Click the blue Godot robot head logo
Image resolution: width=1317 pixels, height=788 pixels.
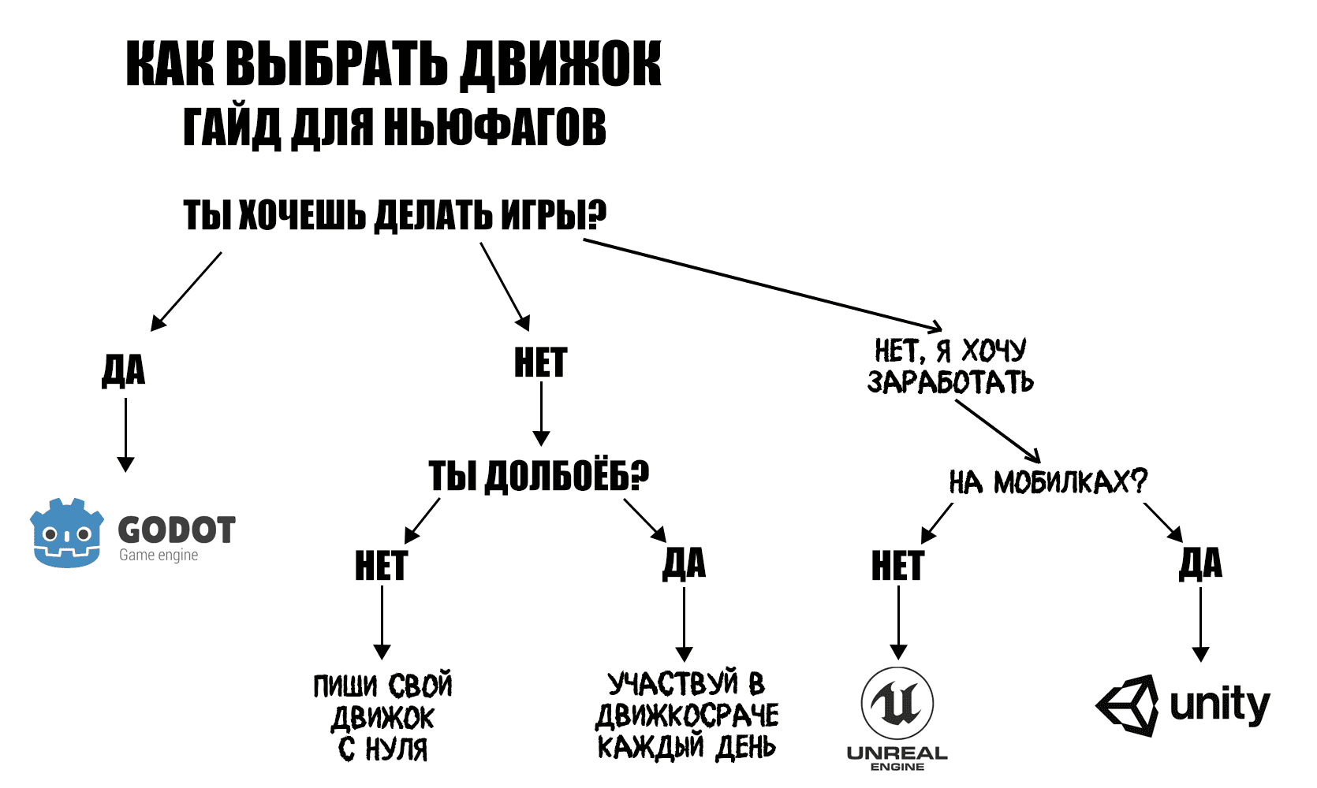click(x=67, y=533)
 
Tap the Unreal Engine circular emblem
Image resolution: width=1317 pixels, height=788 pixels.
click(x=897, y=704)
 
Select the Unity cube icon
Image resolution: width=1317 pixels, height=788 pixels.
click(x=1127, y=705)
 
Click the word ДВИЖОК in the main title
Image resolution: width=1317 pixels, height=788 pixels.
click(x=560, y=65)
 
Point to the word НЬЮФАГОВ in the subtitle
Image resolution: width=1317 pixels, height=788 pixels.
click(x=495, y=128)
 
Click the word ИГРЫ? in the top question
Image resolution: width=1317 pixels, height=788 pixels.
click(x=554, y=214)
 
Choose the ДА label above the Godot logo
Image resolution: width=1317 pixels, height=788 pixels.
click(x=124, y=370)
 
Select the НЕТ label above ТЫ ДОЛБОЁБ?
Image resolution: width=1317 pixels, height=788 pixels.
click(x=541, y=362)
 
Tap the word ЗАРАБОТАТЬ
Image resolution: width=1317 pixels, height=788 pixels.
click(x=950, y=382)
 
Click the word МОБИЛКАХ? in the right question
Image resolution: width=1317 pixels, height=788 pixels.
click(x=1070, y=481)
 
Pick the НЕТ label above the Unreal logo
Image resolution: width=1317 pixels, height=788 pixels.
click(x=897, y=565)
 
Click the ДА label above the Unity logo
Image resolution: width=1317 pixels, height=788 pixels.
click(x=1200, y=563)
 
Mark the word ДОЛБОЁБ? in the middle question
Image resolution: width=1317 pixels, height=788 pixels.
click(x=567, y=475)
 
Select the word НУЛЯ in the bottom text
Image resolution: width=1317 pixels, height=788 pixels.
click(x=396, y=749)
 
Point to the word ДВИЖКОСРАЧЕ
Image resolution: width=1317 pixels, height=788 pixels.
click(x=687, y=716)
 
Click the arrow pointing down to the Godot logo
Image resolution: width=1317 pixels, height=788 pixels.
click(x=126, y=435)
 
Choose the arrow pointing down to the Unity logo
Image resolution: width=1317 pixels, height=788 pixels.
click(x=1200, y=625)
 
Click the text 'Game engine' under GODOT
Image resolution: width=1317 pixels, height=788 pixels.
click(x=159, y=555)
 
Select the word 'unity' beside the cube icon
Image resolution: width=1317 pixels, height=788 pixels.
click(x=1220, y=704)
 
